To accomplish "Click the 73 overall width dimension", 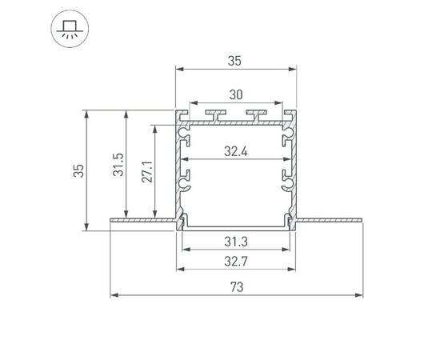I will (236, 286).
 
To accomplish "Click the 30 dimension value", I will (236, 94).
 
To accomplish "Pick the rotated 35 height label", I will (78, 170).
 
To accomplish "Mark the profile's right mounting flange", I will (330, 218).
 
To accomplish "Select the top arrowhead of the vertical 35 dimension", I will (86, 114).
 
